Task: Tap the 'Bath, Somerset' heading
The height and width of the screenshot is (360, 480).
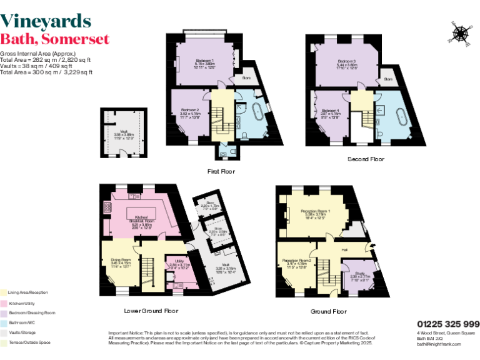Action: pyautogui.click(x=55, y=39)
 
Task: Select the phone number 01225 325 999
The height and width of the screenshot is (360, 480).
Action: pyautogui.click(x=448, y=324)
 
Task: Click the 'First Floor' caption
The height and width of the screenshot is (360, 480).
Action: pyautogui.click(x=221, y=171)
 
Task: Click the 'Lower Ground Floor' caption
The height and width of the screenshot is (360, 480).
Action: pyautogui.click(x=152, y=310)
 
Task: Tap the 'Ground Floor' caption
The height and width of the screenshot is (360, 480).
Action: pyautogui.click(x=329, y=311)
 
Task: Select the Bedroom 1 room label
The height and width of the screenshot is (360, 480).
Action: pyautogui.click(x=205, y=61)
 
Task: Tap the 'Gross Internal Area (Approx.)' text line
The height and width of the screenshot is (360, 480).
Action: pyautogui.click(x=37, y=54)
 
